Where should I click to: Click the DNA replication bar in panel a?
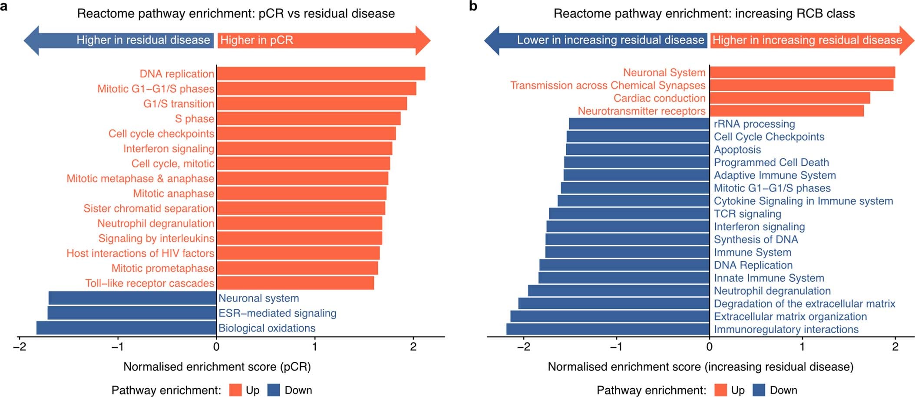click(x=320, y=74)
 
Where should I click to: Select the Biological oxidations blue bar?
click(x=126, y=328)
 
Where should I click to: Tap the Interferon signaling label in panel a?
click(x=168, y=149)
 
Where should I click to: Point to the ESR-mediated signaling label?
click(x=277, y=313)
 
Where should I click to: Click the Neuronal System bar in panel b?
click(x=802, y=72)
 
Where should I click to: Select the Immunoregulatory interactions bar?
click(x=608, y=329)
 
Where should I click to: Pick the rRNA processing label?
click(x=754, y=124)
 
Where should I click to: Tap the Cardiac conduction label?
click(x=659, y=98)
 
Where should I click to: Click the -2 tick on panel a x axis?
click(x=20, y=347)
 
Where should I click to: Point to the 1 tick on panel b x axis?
click(x=802, y=347)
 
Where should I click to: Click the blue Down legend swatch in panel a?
click(x=274, y=390)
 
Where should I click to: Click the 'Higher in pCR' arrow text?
click(x=257, y=40)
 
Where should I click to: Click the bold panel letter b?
click(x=473, y=6)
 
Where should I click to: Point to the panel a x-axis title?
click(x=217, y=367)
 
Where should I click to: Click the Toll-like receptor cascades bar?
click(x=295, y=283)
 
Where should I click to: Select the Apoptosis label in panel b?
click(x=737, y=150)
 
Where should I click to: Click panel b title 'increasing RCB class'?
click(x=704, y=13)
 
